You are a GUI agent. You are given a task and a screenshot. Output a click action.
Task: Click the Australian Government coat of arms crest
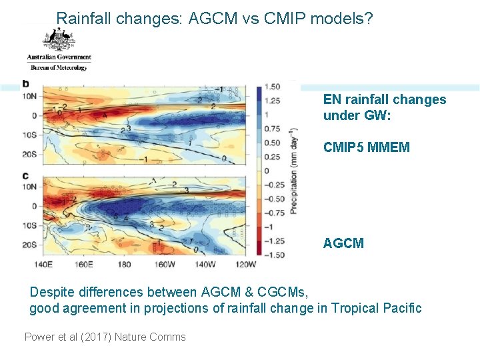click(x=59, y=41)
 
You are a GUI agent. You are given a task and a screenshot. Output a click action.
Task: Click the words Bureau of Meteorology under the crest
click(x=59, y=68)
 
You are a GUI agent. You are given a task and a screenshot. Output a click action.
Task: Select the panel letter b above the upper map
click(x=25, y=83)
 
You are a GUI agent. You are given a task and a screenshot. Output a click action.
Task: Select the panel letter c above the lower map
click(x=25, y=175)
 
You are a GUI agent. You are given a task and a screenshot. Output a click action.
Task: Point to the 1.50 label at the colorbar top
click(x=272, y=87)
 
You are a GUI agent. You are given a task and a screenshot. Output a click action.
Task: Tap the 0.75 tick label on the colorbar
click(x=272, y=129)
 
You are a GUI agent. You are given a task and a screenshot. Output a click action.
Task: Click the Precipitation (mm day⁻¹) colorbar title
click(x=293, y=171)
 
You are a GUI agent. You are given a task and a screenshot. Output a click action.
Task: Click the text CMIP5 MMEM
click(x=366, y=147)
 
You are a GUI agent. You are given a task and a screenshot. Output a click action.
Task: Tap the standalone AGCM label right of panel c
click(x=343, y=243)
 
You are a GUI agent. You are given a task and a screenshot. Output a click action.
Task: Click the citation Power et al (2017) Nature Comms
click(x=105, y=337)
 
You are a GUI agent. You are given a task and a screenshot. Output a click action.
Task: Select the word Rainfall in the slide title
click(x=83, y=19)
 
